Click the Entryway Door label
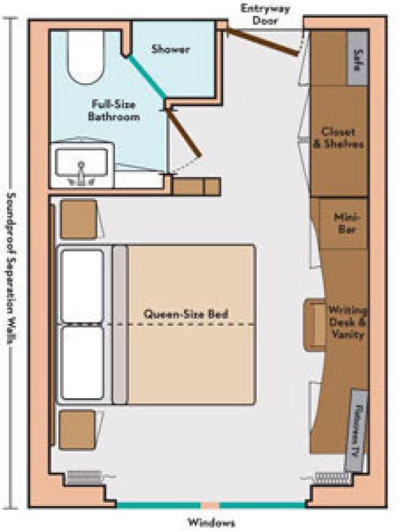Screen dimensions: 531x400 pyautogui.click(x=265, y=15)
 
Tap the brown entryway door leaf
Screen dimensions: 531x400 pyautogui.click(x=263, y=40)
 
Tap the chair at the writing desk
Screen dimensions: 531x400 pyautogui.click(x=316, y=325)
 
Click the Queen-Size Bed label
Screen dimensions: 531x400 pyautogui.click(x=186, y=315)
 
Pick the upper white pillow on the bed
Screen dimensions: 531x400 pyautogui.click(x=82, y=285)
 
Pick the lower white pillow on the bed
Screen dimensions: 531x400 pyautogui.click(x=82, y=362)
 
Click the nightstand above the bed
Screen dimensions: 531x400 pyautogui.click(x=78, y=219)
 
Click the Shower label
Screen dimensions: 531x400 pyautogui.click(x=170, y=49)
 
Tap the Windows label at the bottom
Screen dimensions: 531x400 pyautogui.click(x=211, y=522)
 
